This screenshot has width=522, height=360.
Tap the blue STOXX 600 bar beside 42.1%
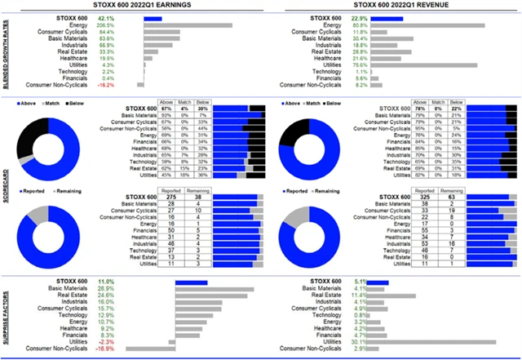coord(152,17)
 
